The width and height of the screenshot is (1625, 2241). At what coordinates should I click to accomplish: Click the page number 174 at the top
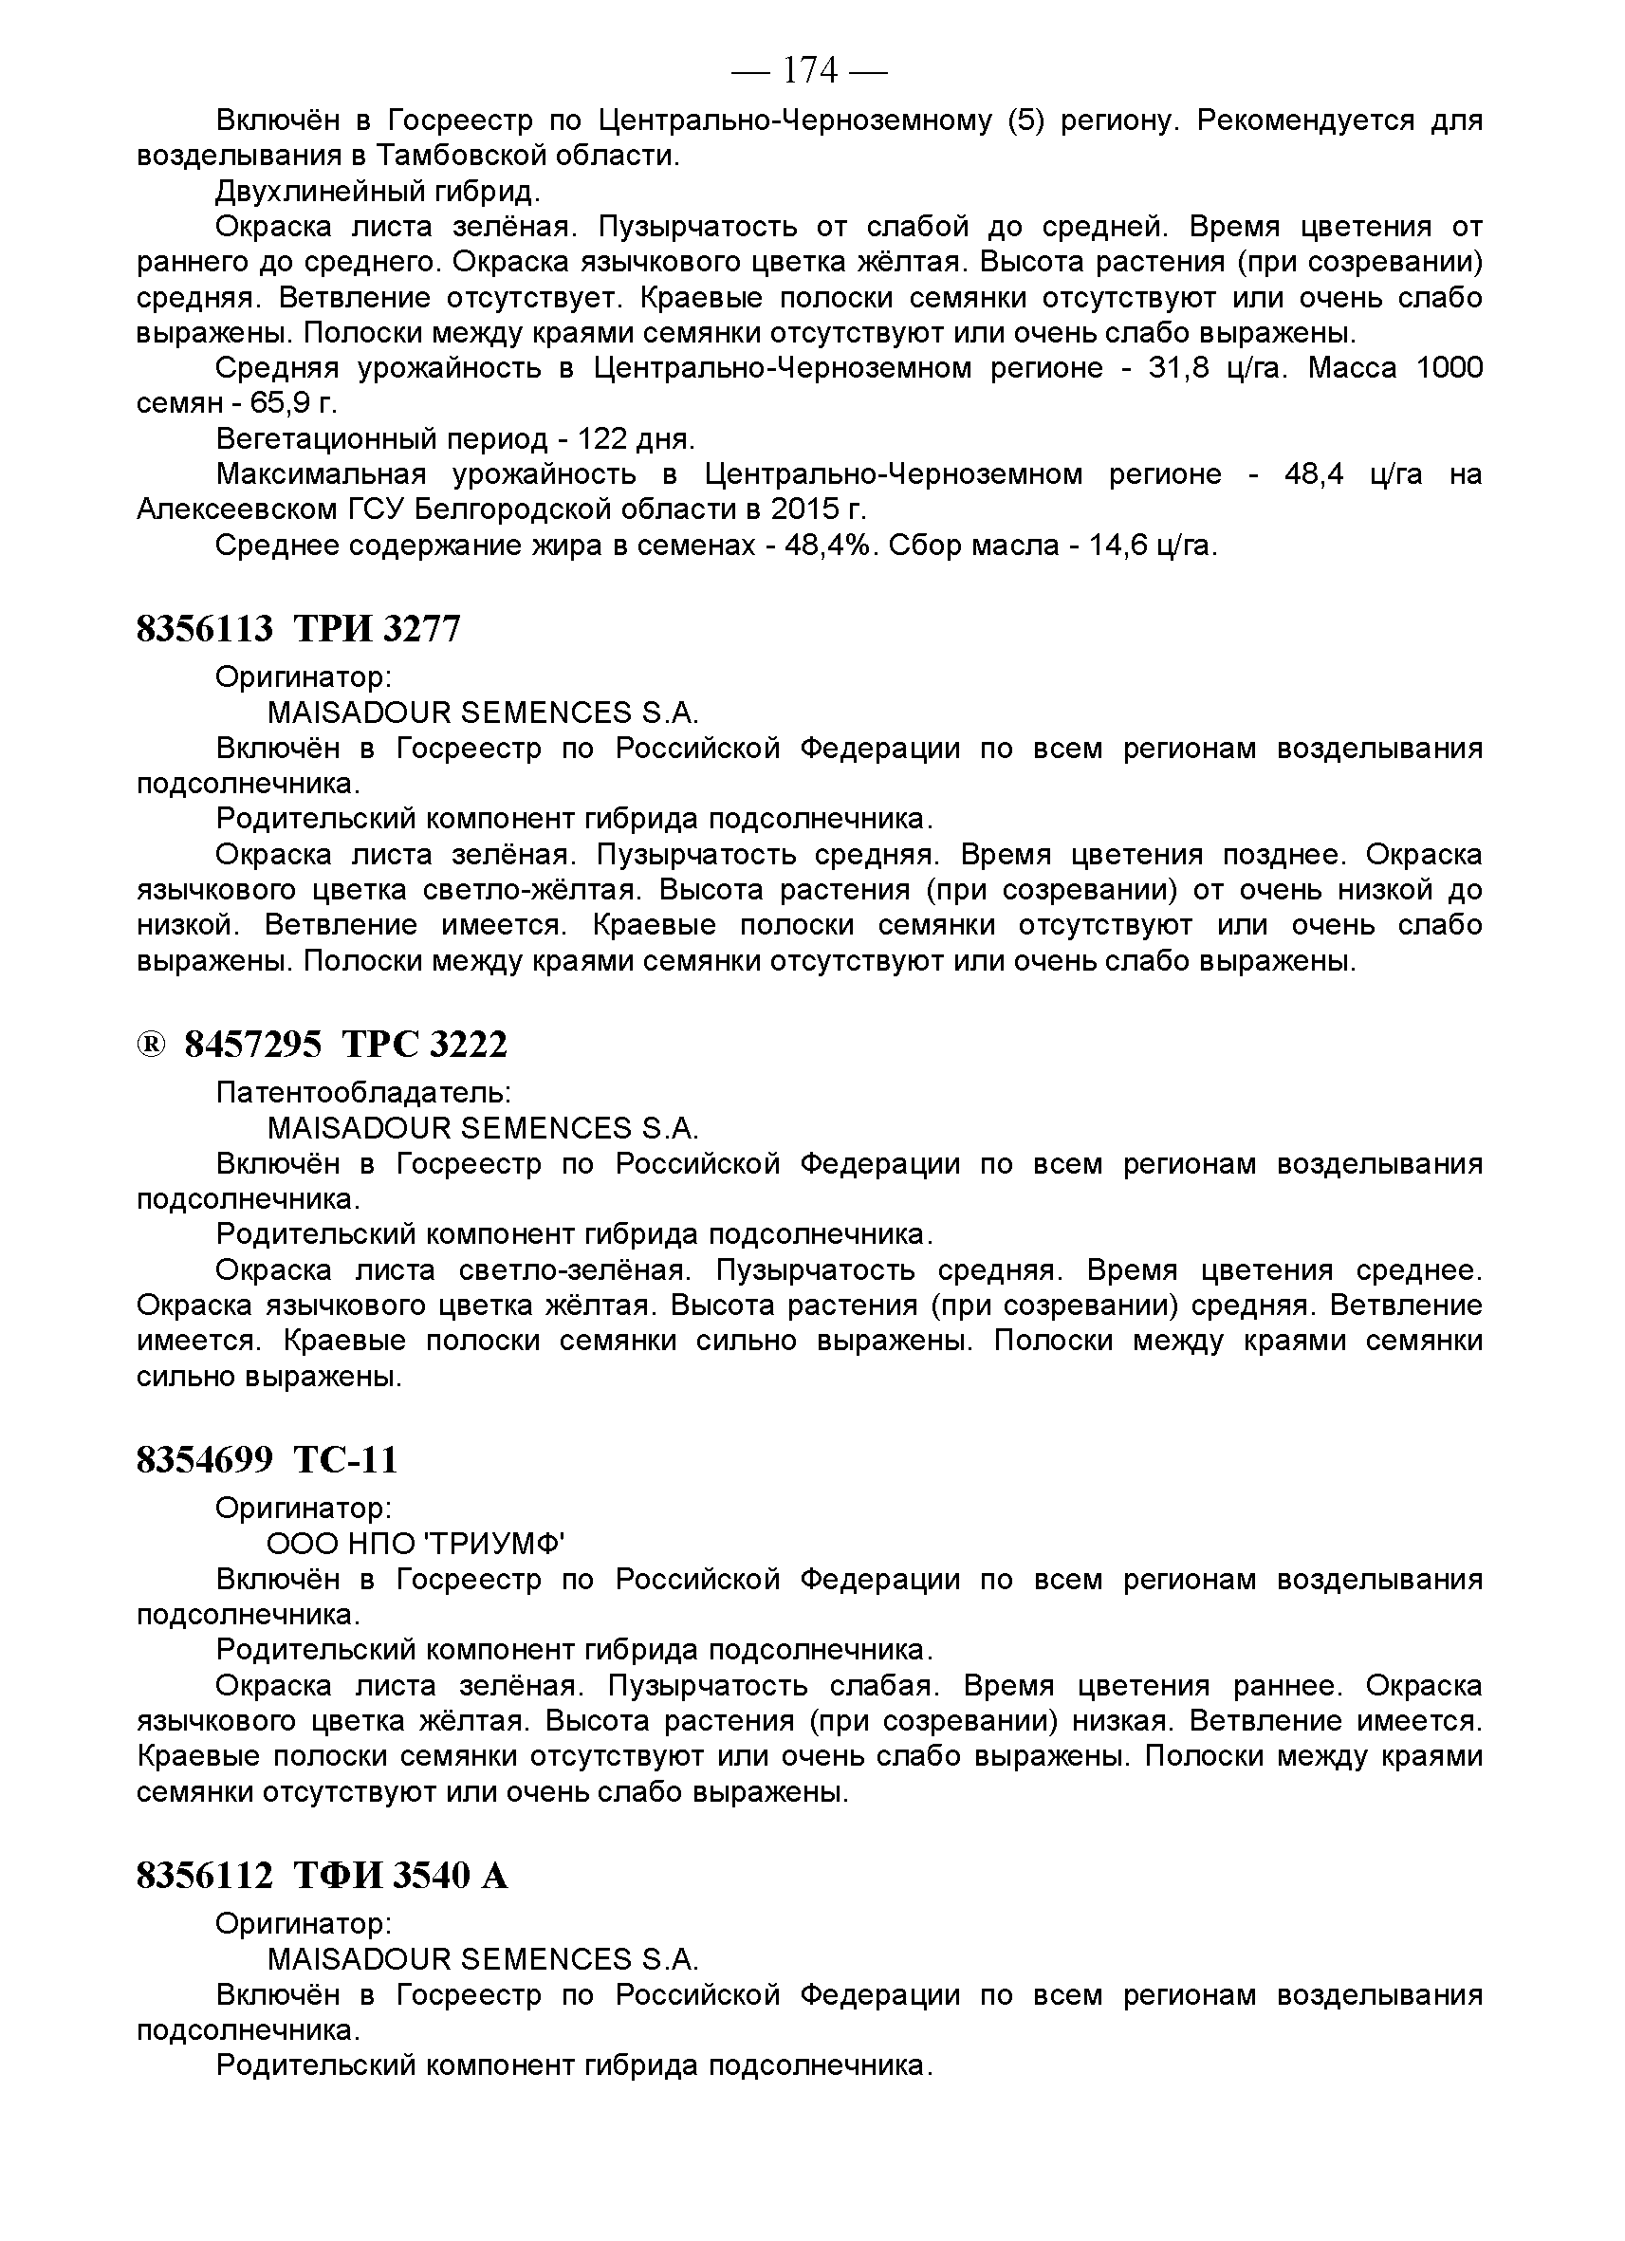(x=809, y=70)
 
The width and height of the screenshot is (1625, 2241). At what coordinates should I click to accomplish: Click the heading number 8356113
(x=205, y=628)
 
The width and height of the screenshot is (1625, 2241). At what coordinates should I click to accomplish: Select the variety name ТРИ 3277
(x=378, y=628)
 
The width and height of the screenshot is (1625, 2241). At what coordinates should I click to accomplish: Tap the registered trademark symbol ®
(x=150, y=1045)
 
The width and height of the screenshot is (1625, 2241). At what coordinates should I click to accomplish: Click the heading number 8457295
(x=253, y=1045)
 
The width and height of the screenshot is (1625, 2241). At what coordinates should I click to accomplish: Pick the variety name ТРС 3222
(x=424, y=1045)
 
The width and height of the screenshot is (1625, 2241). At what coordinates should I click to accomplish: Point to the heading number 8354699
(x=205, y=1459)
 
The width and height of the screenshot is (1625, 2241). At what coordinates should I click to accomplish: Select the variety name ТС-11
(x=345, y=1459)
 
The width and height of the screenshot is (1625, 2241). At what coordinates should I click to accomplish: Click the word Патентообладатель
(x=362, y=1092)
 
